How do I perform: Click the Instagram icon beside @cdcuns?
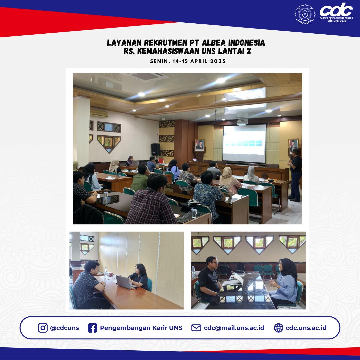click(x=43, y=328)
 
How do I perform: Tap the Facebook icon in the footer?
click(x=92, y=328)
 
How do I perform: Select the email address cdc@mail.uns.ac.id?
click(x=234, y=328)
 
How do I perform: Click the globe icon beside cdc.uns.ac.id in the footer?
click(x=278, y=328)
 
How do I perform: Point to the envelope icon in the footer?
click(x=196, y=328)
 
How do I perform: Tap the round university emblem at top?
click(x=305, y=14)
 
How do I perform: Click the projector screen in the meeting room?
click(x=244, y=143)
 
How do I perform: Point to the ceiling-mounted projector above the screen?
click(x=242, y=122)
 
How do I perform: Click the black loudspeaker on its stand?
click(x=156, y=149)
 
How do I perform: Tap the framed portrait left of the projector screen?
click(x=200, y=145)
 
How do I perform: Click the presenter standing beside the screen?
click(x=295, y=175)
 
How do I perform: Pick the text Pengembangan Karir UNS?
click(x=141, y=328)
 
